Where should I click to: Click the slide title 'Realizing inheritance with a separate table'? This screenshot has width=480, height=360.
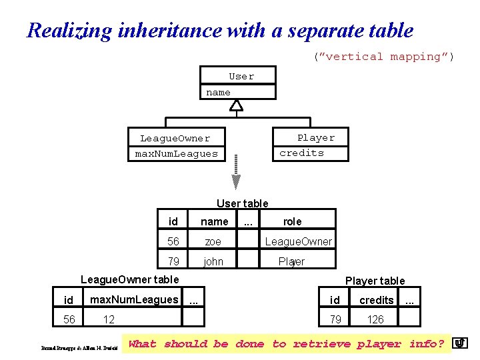click(x=220, y=31)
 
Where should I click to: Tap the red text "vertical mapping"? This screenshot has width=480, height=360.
click(x=383, y=57)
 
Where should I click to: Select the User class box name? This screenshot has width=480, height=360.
click(x=241, y=77)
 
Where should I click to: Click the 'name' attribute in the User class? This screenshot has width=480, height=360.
click(x=218, y=93)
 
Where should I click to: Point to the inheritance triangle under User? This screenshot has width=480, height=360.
click(x=236, y=105)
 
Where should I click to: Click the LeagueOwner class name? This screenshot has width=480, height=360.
click(x=175, y=139)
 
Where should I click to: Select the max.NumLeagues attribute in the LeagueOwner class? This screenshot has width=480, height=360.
click(x=176, y=154)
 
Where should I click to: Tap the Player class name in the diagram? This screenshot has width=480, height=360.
click(x=316, y=138)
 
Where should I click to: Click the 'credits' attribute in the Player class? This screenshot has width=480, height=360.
click(x=301, y=153)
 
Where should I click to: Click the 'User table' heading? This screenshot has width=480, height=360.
click(x=242, y=203)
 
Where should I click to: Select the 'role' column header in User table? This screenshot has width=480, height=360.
click(x=292, y=221)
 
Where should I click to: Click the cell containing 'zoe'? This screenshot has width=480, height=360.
click(x=213, y=241)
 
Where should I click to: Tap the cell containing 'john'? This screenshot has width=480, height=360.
click(x=213, y=261)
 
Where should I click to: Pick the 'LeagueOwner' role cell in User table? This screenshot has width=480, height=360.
click(x=298, y=241)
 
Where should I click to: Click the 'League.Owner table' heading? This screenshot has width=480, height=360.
click(x=129, y=279)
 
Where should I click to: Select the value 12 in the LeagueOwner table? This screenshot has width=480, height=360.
click(x=109, y=320)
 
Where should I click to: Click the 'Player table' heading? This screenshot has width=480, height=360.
click(x=375, y=281)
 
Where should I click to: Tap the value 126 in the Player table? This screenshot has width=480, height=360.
click(x=375, y=320)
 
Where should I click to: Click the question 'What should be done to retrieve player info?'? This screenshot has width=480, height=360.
click(x=286, y=344)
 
